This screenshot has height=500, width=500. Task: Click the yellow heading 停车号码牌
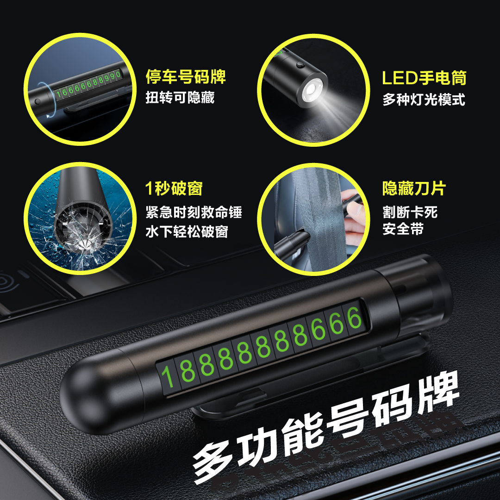(x=186, y=77)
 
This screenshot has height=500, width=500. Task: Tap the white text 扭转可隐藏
(x=180, y=98)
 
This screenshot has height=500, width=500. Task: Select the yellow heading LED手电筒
(x=424, y=78)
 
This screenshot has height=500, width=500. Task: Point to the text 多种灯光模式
(x=424, y=100)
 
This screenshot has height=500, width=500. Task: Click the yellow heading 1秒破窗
(x=174, y=188)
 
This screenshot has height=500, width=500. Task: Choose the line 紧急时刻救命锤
(x=194, y=212)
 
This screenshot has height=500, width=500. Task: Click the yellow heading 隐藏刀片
(x=414, y=188)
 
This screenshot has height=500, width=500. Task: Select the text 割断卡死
(x=410, y=212)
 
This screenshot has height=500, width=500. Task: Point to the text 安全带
(x=403, y=229)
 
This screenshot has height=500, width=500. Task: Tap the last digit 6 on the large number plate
(x=354, y=318)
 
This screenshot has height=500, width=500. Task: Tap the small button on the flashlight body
(x=300, y=65)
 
